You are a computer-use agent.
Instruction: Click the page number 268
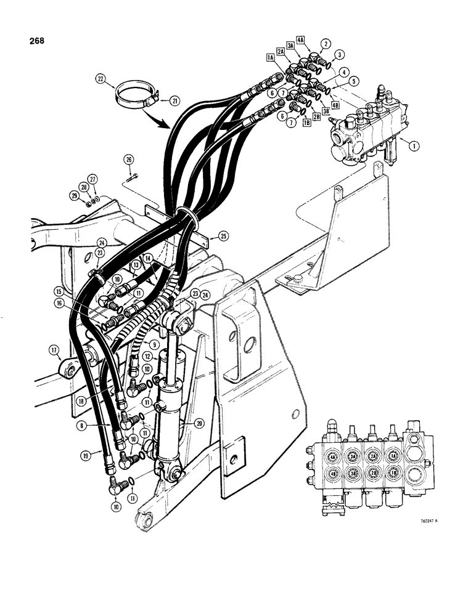click(35, 42)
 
